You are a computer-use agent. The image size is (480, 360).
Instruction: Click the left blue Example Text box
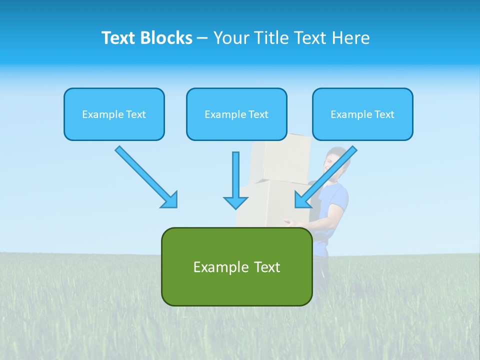tap(114, 114)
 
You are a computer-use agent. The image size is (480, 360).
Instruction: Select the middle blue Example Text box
tap(236, 114)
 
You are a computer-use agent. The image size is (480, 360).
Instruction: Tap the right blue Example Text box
tap(362, 114)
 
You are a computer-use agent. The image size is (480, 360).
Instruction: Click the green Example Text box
tap(236, 266)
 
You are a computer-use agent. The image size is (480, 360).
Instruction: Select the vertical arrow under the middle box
tap(235, 180)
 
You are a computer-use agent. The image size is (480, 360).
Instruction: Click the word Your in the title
tap(230, 38)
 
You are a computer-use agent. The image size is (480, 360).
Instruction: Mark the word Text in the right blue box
tap(384, 114)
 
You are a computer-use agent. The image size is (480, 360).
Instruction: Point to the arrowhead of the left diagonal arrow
tap(170, 200)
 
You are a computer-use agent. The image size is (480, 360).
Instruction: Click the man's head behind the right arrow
tap(334, 159)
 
